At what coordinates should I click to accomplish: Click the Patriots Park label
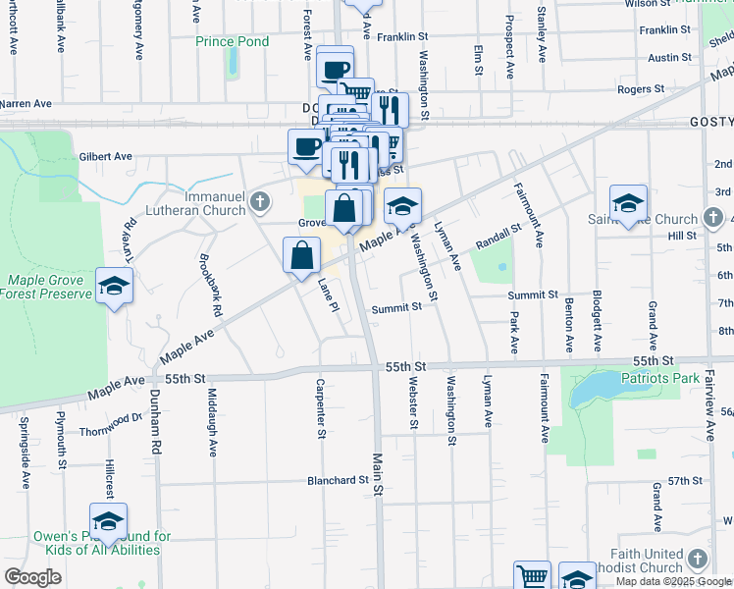[659, 377]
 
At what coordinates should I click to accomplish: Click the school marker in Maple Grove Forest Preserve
[115, 287]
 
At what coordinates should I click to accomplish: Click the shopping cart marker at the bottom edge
[532, 576]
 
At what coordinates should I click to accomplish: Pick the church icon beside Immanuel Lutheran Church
[259, 203]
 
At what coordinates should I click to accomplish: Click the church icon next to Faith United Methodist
[697, 560]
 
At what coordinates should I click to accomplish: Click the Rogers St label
[641, 88]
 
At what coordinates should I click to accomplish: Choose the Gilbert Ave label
[105, 156]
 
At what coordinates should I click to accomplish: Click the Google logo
[32, 577]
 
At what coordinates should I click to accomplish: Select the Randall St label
[498, 236]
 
